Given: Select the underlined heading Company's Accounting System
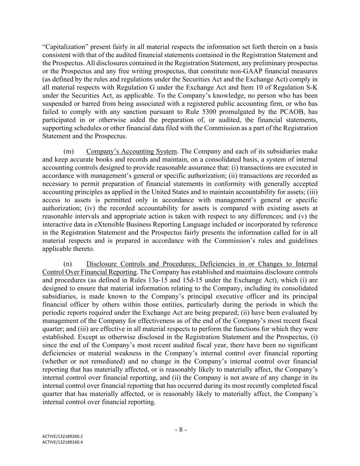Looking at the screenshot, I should click(132, 151).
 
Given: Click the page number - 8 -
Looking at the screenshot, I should click(181, 430).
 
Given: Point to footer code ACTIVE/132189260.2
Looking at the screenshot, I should click(62, 436).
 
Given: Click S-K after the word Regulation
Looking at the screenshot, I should click(312, 87).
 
